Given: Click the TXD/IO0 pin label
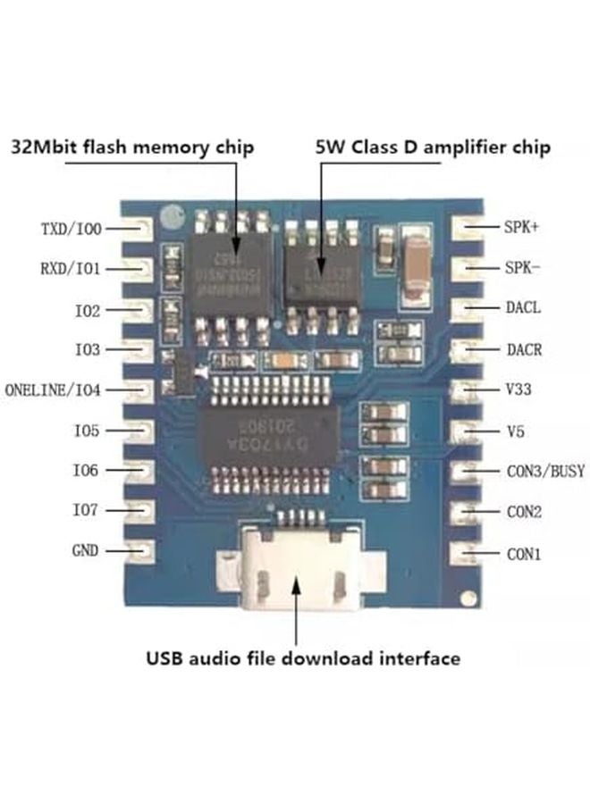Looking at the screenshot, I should pyautogui.click(x=71, y=229).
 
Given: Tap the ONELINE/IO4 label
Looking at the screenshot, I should pyautogui.click(x=53, y=390).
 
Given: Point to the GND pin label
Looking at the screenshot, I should pyautogui.click(x=85, y=550).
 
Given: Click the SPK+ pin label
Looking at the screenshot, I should pyautogui.click(x=523, y=227).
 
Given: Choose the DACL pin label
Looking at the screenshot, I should pyautogui.click(x=523, y=307).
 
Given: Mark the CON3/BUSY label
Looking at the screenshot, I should pyautogui.click(x=545, y=471).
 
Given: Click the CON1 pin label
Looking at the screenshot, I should pyautogui.click(x=523, y=554).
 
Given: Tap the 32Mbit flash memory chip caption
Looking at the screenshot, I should pyautogui.click(x=132, y=147).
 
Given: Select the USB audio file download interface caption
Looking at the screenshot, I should pyautogui.click(x=303, y=659).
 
